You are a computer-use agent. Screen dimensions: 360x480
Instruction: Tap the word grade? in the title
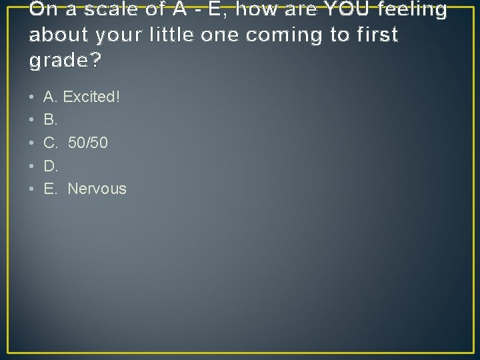coord(65,61)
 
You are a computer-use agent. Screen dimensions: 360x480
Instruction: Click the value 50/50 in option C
coord(88,143)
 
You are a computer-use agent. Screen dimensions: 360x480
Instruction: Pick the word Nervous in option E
coord(97,189)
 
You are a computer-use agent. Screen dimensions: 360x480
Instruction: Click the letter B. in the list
coord(51,120)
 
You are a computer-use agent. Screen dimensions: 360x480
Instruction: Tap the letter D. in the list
coord(51,166)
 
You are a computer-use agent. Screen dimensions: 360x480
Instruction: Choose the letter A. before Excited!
coord(51,97)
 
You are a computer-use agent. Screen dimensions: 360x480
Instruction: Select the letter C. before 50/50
coord(51,143)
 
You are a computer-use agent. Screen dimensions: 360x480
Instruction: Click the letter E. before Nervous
coord(51,189)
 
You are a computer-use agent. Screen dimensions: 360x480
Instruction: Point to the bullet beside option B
coord(32,121)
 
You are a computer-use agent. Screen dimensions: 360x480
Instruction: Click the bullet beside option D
coord(32,167)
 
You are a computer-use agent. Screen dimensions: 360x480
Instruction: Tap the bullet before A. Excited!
coord(32,98)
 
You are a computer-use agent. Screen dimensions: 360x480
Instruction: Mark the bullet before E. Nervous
coord(32,189)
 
